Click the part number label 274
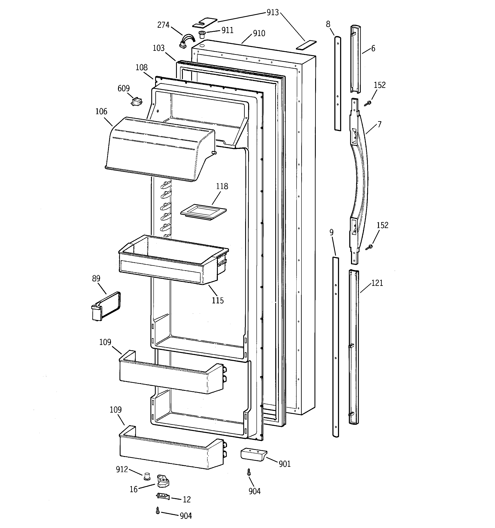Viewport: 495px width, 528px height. (x=163, y=25)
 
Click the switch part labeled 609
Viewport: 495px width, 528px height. (x=137, y=102)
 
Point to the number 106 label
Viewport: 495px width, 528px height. (x=101, y=111)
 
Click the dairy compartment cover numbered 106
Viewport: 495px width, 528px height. (x=159, y=149)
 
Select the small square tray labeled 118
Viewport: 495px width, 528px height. (x=203, y=212)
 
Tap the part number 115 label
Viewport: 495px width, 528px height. (x=218, y=300)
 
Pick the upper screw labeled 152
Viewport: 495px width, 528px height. (x=369, y=103)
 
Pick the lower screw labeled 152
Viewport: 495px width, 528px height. (x=369, y=247)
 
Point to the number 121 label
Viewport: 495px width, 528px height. (x=377, y=283)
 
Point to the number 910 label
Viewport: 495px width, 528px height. (x=259, y=33)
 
